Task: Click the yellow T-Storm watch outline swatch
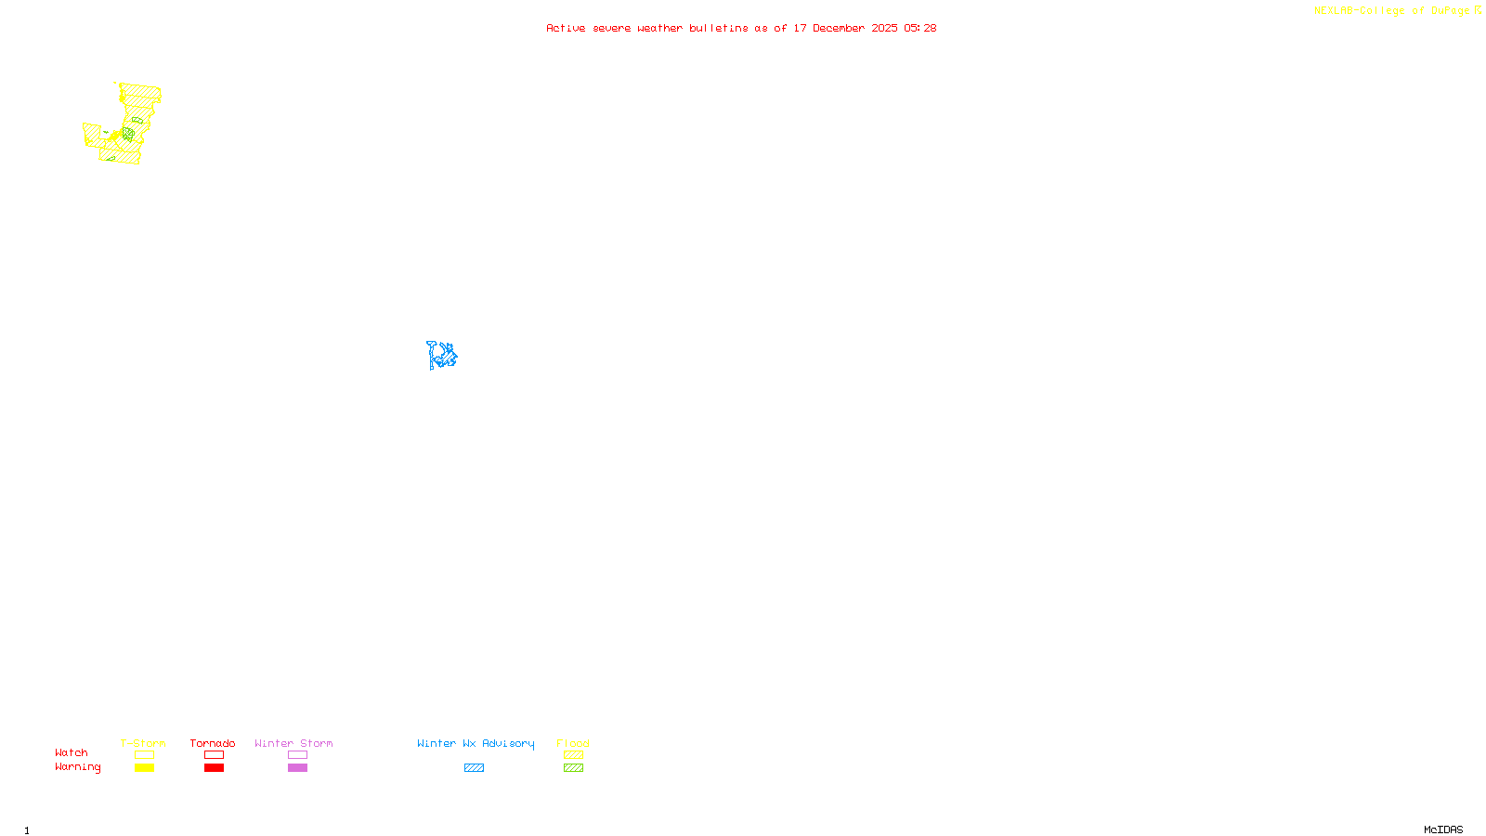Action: [144, 755]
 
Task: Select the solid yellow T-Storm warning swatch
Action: [144, 768]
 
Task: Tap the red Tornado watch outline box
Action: [214, 755]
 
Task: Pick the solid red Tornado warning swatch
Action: [214, 768]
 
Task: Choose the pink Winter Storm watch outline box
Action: [297, 755]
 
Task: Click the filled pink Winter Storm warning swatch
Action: [297, 768]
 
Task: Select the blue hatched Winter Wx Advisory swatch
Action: [474, 768]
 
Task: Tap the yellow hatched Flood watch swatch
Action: [573, 755]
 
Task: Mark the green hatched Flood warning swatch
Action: [573, 768]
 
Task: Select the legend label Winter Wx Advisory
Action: [476, 743]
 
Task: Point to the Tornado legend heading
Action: [213, 743]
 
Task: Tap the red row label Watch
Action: [72, 753]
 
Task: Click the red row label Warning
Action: [78, 767]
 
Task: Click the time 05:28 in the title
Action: [920, 28]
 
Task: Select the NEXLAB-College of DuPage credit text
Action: [1392, 11]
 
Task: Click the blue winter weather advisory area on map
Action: [442, 356]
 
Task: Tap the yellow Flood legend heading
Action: [573, 743]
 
